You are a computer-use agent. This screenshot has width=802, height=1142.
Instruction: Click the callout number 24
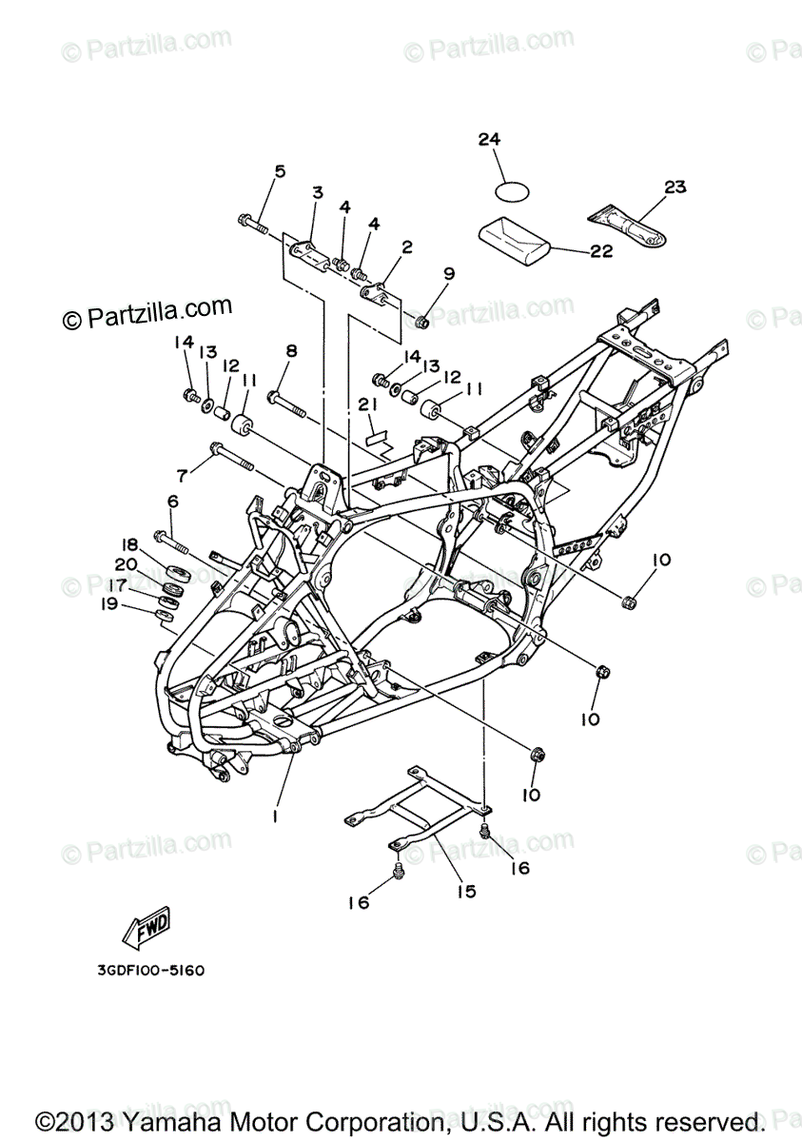(x=489, y=140)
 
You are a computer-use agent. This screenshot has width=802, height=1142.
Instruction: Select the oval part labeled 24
(x=511, y=190)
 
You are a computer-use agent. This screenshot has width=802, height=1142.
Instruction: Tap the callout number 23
(x=675, y=187)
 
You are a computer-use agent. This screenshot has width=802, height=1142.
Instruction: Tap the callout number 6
(x=173, y=501)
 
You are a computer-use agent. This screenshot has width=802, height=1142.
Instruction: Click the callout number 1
(x=275, y=817)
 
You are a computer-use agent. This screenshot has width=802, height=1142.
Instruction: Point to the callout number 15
(x=465, y=892)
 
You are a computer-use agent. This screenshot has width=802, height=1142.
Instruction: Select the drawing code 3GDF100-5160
(x=150, y=972)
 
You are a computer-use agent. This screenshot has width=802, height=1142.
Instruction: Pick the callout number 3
(x=318, y=192)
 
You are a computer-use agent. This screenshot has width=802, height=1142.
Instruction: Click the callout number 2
(x=406, y=247)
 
